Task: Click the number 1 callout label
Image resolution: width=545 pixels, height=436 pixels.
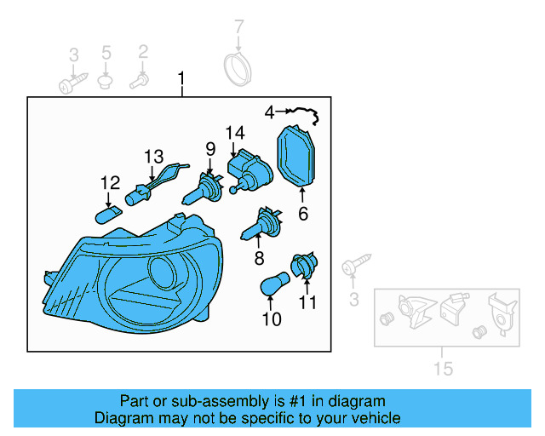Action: (x=181, y=79)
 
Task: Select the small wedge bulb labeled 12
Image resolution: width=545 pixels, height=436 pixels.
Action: (x=111, y=211)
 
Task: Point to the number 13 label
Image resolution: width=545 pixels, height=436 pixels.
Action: (x=153, y=157)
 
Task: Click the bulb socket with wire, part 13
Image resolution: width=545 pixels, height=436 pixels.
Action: (x=153, y=186)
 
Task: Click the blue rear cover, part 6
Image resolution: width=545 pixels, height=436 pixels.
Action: (x=298, y=158)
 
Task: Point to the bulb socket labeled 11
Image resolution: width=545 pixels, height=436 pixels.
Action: (x=304, y=267)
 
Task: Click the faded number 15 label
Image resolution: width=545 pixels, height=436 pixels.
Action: (x=444, y=369)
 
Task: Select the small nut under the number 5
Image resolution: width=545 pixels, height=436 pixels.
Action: (x=106, y=82)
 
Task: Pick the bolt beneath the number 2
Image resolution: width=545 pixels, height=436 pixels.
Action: (x=139, y=82)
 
